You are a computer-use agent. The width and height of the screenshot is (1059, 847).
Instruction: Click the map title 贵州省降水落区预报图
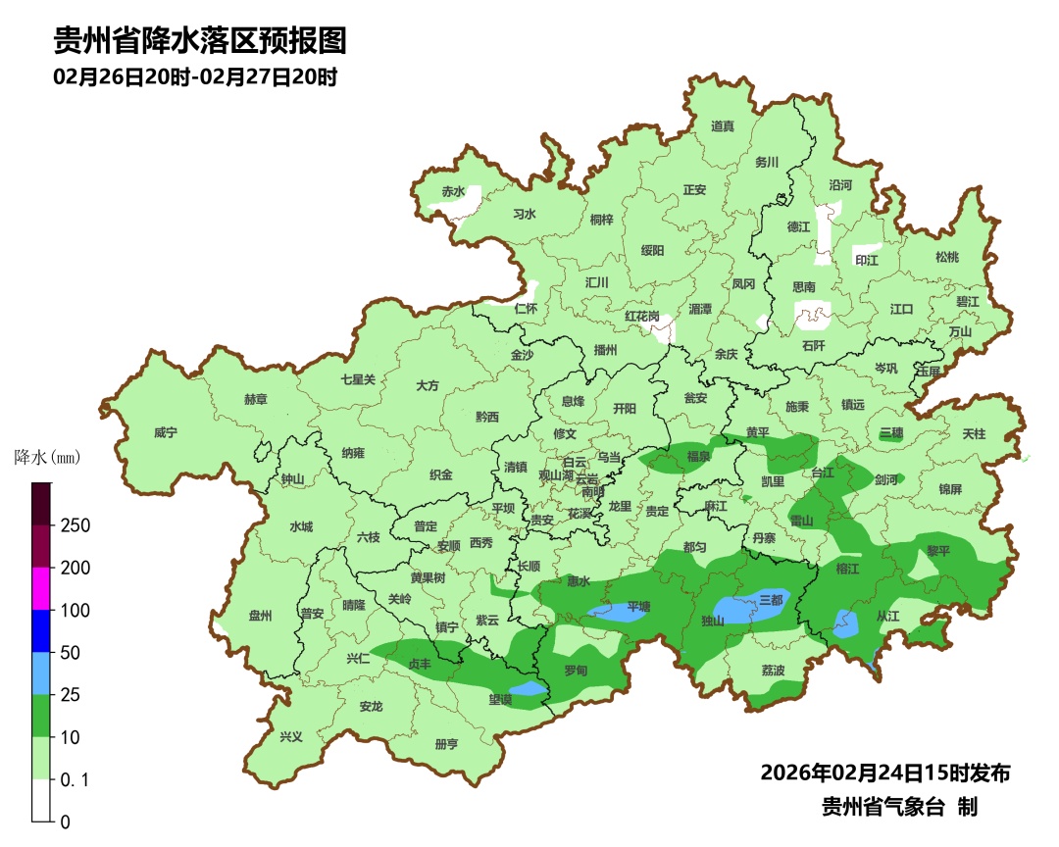coord(199,40)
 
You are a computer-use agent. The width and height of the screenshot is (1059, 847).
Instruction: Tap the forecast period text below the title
coord(195,76)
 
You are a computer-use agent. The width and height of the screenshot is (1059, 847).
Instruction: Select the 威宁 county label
coord(167,432)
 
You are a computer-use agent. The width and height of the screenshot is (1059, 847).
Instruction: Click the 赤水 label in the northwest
coord(452,192)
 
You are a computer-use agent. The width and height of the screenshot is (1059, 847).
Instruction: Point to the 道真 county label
coord(723,125)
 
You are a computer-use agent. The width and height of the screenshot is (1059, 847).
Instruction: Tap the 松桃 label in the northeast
coord(946,257)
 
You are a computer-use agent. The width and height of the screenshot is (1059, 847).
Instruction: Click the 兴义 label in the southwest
coord(291,737)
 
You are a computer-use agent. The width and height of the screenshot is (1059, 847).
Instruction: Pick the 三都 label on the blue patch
coord(772,600)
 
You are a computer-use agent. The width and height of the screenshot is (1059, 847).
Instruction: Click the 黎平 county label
coord(938,551)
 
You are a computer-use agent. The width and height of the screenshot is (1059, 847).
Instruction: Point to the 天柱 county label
coord(974,433)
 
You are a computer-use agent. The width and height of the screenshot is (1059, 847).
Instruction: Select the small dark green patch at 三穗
coord(890,433)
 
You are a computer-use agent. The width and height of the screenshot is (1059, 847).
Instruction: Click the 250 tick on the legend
coord(76,525)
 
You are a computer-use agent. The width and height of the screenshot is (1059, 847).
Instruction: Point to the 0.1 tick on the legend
coord(76,779)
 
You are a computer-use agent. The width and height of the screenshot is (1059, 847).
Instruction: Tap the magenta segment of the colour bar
coord(41,588)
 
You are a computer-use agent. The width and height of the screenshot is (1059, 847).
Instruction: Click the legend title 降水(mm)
coord(47,457)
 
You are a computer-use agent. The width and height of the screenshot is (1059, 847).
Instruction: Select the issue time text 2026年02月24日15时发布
coord(884,772)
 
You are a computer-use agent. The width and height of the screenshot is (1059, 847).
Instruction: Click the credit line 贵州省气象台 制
coord(899,807)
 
